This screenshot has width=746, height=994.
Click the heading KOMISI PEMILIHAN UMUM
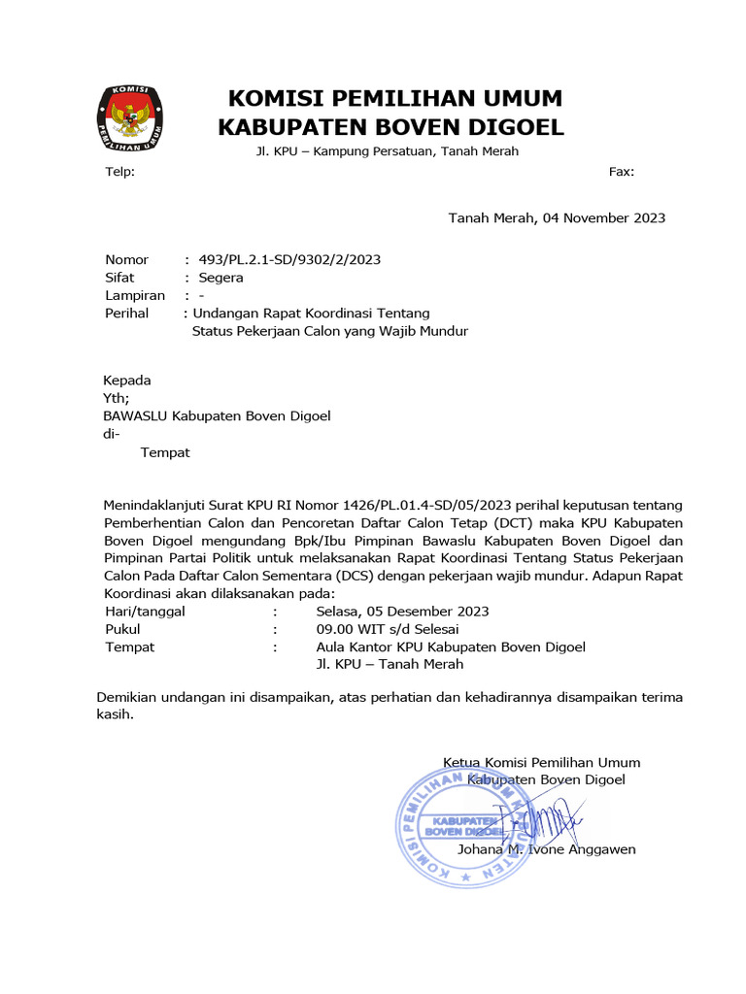tap(394, 99)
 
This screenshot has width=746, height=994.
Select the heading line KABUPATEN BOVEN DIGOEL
tap(390, 127)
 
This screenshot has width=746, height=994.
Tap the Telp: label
tap(120, 172)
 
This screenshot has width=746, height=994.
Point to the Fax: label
tap(622, 172)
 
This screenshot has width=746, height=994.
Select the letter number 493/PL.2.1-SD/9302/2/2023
tap(289, 259)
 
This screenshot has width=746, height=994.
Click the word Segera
tap(220, 278)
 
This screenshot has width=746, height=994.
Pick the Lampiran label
tap(135, 295)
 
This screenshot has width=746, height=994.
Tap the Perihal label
tap(127, 314)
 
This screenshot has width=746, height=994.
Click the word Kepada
tap(127, 381)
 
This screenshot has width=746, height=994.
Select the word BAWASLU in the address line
tap(136, 416)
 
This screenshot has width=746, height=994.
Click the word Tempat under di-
tap(165, 452)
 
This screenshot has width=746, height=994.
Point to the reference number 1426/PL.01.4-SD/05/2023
tap(426, 506)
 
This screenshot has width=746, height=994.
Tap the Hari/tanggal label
tap(145, 612)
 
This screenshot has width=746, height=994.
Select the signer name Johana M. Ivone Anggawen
tap(546, 849)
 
